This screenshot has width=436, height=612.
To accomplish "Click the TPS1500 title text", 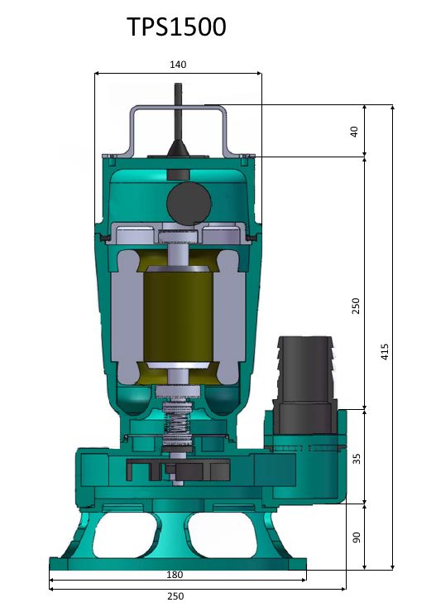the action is pyautogui.click(x=177, y=27).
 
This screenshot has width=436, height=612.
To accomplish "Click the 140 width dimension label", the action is pyautogui.click(x=178, y=65).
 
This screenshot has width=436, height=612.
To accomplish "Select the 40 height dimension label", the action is pyautogui.click(x=354, y=132).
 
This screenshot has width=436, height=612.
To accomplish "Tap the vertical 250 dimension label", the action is pyautogui.click(x=355, y=306).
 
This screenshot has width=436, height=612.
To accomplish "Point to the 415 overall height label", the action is pyautogui.click(x=385, y=352).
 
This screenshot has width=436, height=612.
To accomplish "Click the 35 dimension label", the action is pyautogui.click(x=356, y=458).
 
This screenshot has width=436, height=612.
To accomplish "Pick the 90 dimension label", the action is pyautogui.click(x=356, y=537).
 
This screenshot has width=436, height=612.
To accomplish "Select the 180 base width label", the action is pyautogui.click(x=175, y=575).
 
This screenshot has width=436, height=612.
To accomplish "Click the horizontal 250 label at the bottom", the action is pyautogui.click(x=175, y=596).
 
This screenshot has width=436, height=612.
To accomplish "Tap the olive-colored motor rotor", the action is pyautogui.click(x=178, y=317).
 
